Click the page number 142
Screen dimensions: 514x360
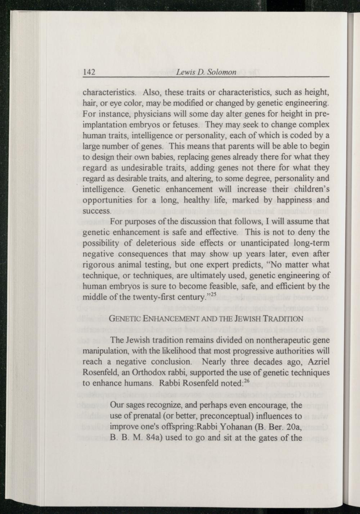click(x=89, y=72)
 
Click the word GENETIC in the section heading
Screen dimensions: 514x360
click(x=124, y=319)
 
